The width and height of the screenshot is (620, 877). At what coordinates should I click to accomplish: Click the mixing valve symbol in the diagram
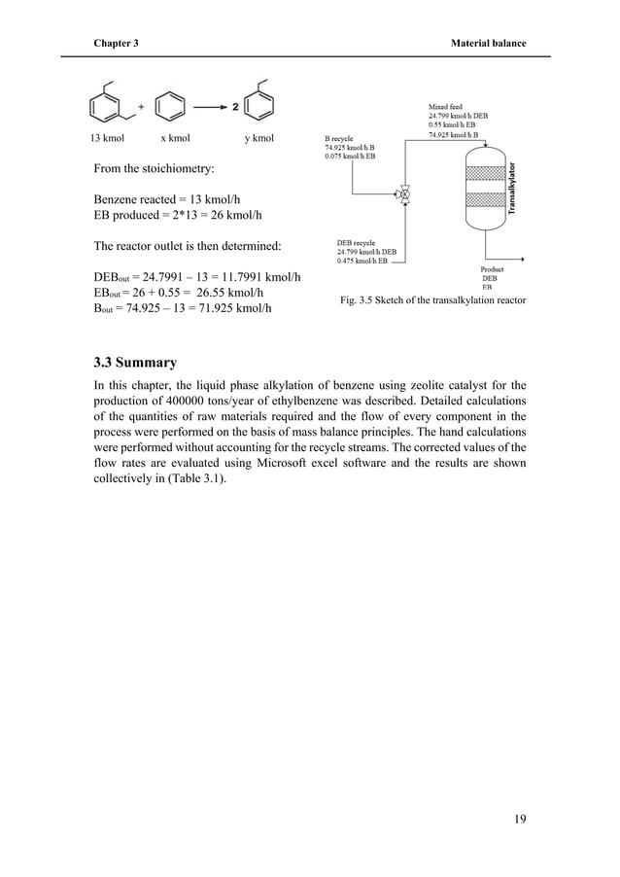click(404, 193)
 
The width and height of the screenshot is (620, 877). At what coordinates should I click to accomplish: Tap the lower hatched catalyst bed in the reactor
click(477, 201)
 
